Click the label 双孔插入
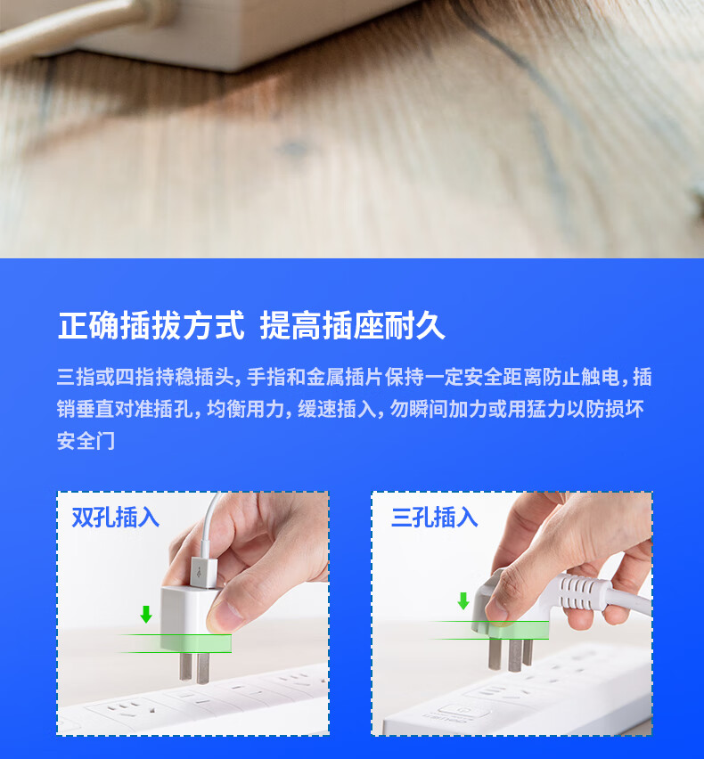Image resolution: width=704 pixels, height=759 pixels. [116, 518]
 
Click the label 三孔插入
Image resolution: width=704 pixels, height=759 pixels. [434, 518]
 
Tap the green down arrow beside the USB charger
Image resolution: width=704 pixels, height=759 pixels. [146, 614]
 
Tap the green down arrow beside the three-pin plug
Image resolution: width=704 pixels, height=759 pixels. [463, 600]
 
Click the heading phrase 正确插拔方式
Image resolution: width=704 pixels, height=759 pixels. [151, 325]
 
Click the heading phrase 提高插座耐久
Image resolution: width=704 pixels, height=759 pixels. [353, 325]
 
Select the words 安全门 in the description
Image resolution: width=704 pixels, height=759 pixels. [86, 440]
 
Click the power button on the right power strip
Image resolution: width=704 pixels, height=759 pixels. [462, 710]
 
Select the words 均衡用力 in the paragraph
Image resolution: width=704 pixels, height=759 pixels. [245, 409]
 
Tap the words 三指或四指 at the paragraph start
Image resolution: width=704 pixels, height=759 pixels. [105, 377]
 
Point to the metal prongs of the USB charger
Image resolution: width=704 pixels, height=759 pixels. [194, 667]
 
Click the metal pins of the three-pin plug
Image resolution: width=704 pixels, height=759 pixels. [511, 655]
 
